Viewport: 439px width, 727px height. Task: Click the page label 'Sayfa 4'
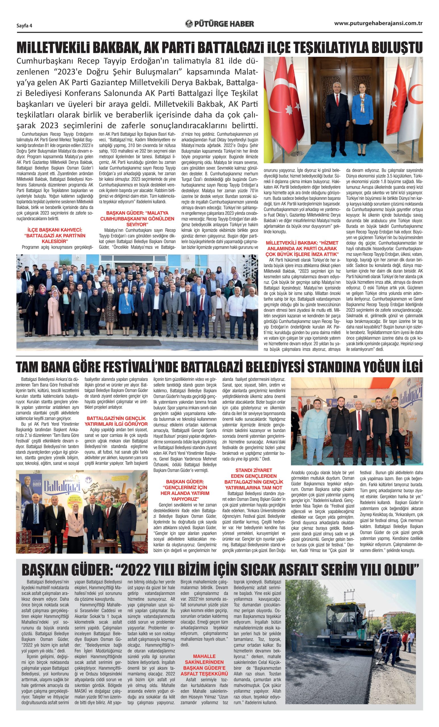24,25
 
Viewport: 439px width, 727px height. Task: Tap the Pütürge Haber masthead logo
219,24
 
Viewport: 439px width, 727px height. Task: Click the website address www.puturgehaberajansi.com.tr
379,24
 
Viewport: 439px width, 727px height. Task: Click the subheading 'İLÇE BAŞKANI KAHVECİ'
54,232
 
